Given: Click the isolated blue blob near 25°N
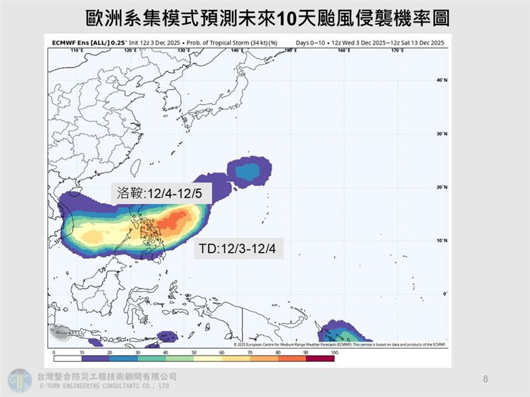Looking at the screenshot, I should (x=249, y=171).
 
